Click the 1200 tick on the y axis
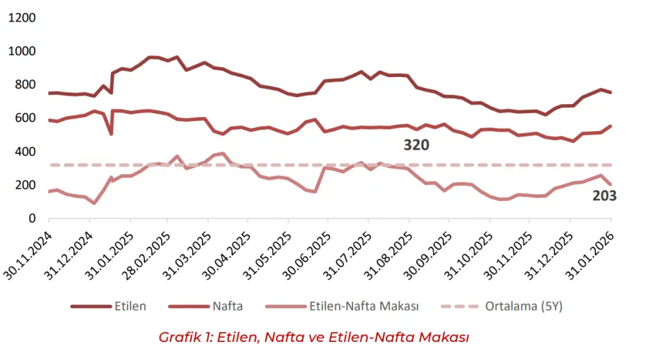(x=22, y=18)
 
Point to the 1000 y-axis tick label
(x=22, y=51)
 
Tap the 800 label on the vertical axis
(x=26, y=85)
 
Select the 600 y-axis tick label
(x=26, y=118)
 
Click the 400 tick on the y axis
(x=26, y=151)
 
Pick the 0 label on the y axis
(x=32, y=218)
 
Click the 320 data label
(x=416, y=146)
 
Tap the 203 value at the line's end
(x=604, y=196)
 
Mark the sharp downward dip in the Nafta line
(x=111, y=133)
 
